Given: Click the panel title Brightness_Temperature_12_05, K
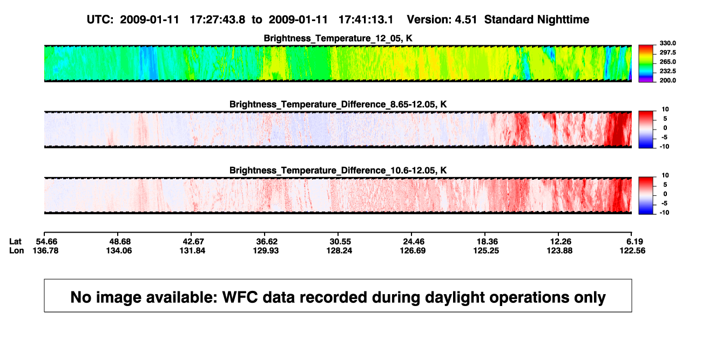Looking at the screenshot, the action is (x=338, y=38).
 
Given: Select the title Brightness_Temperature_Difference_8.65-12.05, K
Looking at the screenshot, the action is (x=338, y=104).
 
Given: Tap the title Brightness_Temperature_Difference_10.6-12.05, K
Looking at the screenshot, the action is (x=338, y=171).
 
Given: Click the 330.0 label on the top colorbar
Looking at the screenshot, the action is (x=667, y=43).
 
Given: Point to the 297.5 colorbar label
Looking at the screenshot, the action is (x=667, y=52).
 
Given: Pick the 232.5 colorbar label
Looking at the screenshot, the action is (x=667, y=71).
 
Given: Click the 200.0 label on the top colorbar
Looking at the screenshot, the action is (x=667, y=80).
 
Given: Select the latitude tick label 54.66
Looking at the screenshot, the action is (x=46, y=242).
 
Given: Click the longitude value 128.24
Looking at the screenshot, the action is (x=339, y=250).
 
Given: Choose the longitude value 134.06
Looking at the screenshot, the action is (x=119, y=250).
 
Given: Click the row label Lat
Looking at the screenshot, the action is (x=15, y=242).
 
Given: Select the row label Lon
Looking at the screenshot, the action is (x=17, y=250).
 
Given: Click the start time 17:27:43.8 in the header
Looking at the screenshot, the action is (x=218, y=19).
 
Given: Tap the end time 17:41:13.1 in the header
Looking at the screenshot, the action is (x=366, y=19).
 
